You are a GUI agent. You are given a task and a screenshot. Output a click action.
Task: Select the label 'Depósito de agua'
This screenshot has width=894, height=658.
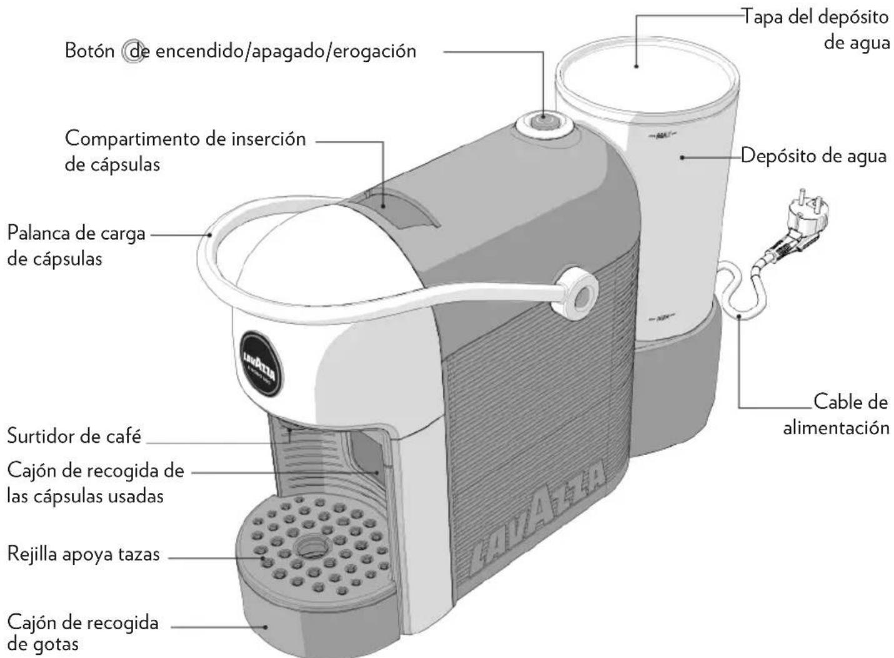(x=814, y=156)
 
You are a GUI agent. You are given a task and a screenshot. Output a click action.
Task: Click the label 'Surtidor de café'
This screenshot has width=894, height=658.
(x=74, y=436)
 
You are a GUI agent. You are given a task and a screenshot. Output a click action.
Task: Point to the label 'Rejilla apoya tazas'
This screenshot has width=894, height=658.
(x=83, y=554)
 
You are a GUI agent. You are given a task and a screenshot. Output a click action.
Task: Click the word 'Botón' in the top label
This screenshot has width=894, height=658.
(x=89, y=51)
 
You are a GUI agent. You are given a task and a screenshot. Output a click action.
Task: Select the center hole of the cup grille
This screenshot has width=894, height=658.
(x=309, y=546)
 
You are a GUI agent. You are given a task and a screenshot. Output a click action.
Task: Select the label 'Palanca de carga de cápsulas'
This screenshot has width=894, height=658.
(x=76, y=246)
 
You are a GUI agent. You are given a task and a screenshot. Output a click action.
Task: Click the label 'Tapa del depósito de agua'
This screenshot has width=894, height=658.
(x=815, y=29)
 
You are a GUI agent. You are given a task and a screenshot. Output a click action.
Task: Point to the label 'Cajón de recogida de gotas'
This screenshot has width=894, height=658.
(x=82, y=632)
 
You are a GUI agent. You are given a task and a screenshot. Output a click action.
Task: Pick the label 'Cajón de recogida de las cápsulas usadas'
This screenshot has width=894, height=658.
(x=95, y=483)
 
